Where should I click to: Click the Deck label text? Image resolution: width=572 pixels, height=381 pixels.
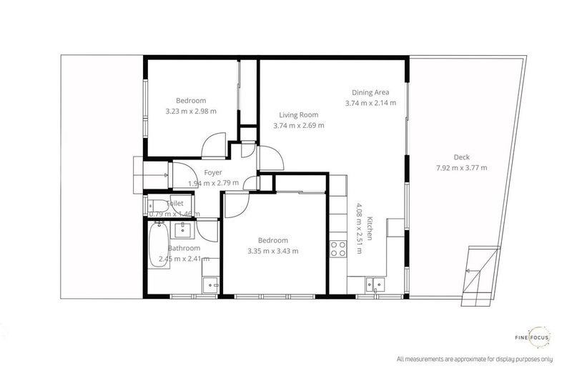(x=461, y=157)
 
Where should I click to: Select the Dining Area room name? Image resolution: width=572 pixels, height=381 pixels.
(x=370, y=92)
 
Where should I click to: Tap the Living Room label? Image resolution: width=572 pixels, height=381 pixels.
(x=298, y=114)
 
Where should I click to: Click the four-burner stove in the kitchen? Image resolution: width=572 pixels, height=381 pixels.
(x=336, y=249)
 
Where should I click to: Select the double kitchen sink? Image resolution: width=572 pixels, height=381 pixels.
(x=373, y=283)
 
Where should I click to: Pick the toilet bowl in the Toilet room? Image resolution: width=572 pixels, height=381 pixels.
(x=155, y=207)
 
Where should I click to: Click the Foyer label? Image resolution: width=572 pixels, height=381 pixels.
(x=212, y=173)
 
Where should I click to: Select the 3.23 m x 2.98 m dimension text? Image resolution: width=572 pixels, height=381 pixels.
(x=191, y=111)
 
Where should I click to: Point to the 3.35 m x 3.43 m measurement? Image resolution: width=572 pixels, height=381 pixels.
(x=273, y=251)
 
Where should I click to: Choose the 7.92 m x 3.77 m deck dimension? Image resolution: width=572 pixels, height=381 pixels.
(x=461, y=169)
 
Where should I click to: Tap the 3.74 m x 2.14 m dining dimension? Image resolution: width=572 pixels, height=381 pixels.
(x=370, y=103)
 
